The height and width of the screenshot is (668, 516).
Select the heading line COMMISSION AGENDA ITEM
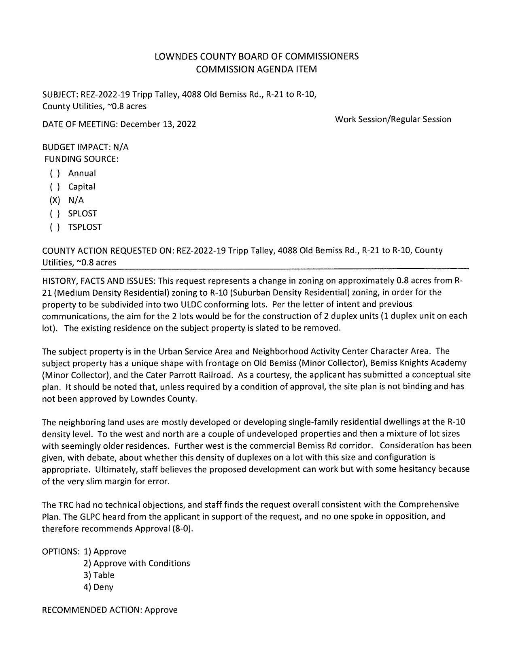click(x=256, y=69)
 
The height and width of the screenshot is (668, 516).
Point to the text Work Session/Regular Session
click(x=393, y=119)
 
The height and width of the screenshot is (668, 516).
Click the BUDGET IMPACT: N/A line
click(x=85, y=147)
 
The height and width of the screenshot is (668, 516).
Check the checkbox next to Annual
click(x=55, y=174)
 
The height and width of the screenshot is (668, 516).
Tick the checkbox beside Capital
click(x=55, y=187)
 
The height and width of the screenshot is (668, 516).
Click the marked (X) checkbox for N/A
click(x=55, y=200)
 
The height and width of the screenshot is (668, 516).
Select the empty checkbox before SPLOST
click(x=55, y=214)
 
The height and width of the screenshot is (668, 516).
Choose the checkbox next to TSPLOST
click(x=55, y=227)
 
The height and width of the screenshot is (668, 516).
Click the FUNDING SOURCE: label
click(x=81, y=159)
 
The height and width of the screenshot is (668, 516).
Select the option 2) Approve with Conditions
click(x=137, y=563)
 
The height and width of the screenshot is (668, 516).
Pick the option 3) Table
click(x=99, y=575)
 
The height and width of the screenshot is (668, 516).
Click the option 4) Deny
click(x=98, y=587)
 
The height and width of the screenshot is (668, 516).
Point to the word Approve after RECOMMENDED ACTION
click(x=161, y=610)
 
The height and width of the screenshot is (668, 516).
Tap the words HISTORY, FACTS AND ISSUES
click(x=99, y=280)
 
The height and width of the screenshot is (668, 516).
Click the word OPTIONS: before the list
click(x=61, y=551)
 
